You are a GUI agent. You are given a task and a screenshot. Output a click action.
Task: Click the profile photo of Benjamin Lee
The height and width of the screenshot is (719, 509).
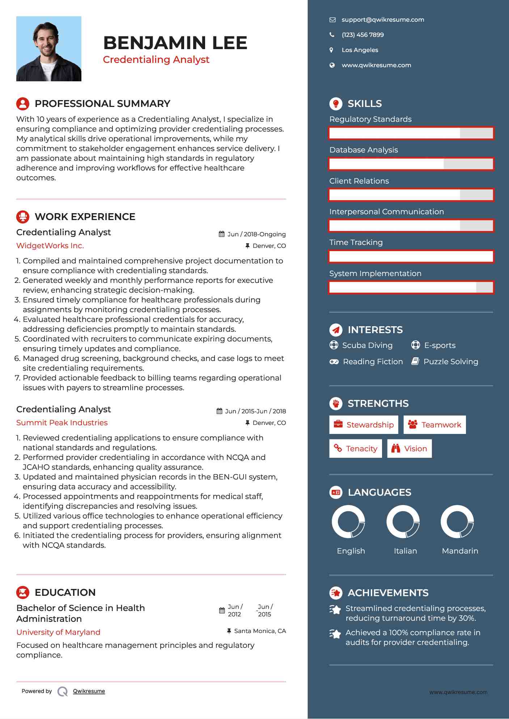49,49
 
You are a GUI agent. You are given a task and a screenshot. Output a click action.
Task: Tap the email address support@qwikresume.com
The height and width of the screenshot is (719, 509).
383,20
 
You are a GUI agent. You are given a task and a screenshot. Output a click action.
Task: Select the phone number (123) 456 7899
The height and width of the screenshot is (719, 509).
362,35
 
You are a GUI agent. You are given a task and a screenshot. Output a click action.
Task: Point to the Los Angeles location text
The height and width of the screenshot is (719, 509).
360,50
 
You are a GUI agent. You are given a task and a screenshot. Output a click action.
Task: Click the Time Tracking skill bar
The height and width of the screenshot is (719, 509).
411,257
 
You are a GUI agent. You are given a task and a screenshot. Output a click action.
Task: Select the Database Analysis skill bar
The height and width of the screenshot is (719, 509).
411,164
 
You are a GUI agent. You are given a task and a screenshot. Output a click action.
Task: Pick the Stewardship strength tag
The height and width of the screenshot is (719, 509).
364,425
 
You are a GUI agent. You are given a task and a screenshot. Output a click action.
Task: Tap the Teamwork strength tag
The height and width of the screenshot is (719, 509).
434,425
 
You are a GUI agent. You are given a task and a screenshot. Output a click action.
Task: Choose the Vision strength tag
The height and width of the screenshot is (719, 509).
409,449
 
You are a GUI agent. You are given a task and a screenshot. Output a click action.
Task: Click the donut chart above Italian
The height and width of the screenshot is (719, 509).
403,522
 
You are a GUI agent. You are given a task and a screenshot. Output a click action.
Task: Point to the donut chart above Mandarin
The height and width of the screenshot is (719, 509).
457,522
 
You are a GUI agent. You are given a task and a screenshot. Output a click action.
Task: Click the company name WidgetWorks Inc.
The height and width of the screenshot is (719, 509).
50,246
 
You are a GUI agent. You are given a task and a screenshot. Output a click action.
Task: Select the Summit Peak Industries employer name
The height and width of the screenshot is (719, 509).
62,423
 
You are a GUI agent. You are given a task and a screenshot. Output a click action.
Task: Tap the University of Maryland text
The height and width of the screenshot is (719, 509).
58,632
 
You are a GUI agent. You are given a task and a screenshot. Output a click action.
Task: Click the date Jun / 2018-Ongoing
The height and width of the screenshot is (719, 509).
256,234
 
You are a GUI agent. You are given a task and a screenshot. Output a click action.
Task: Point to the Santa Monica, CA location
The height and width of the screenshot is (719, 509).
260,631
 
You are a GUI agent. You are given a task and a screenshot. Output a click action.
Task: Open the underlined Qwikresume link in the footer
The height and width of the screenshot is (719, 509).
89,691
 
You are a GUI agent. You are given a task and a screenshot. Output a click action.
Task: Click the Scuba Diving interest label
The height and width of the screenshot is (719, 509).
367,345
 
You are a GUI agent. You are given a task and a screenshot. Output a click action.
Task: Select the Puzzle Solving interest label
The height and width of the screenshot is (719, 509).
451,362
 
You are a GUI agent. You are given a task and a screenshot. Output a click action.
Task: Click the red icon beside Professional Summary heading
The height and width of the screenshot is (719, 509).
23,104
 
